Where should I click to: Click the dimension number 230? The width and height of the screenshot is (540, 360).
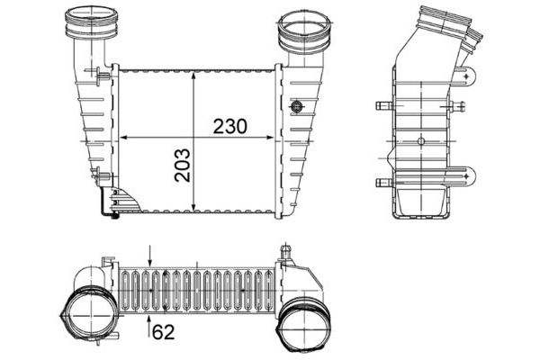point(230,126)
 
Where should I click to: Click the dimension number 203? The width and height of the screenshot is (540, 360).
point(183,164)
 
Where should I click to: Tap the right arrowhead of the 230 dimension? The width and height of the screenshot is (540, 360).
point(274,138)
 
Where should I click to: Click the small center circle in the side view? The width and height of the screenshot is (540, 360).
point(422,139)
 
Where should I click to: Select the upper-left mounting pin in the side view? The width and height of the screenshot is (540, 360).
point(382,105)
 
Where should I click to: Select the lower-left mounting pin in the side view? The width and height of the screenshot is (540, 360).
point(382,182)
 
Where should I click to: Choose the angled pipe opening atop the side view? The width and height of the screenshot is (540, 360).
point(445,22)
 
